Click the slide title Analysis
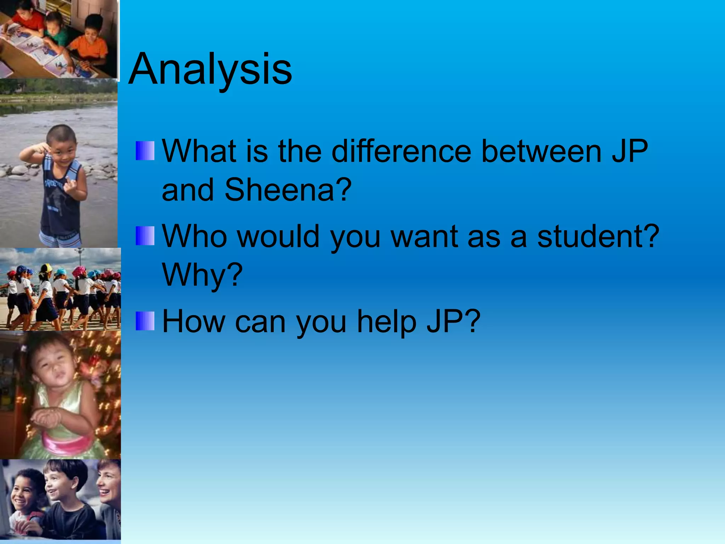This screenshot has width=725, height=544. [x=210, y=69]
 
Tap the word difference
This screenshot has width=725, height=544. [x=401, y=152]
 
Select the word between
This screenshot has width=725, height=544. [x=542, y=152]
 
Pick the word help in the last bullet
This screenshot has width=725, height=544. [x=387, y=322]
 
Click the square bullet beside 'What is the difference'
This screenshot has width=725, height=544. [x=145, y=151]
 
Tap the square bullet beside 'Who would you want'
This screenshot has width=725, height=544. [x=145, y=236]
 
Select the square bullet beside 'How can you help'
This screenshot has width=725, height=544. [x=145, y=321]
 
